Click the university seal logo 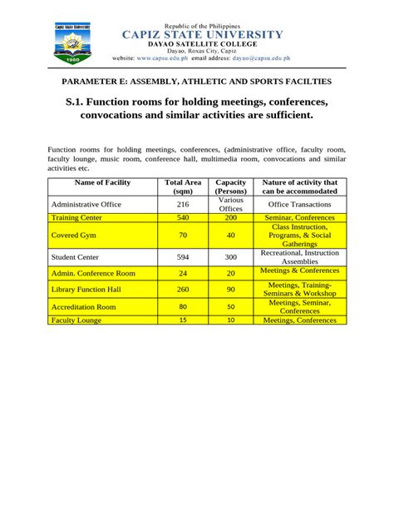(x=71, y=45)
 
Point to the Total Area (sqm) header (x=183, y=186)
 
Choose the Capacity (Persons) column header (x=230, y=186)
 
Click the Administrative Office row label (x=87, y=203)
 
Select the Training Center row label (x=77, y=217)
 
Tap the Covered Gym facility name (x=73, y=236)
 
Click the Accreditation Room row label (x=84, y=307)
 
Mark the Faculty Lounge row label (x=76, y=320)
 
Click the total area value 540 (x=183, y=217)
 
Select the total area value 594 (x=183, y=257)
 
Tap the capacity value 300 (x=230, y=257)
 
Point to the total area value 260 (x=183, y=289)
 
